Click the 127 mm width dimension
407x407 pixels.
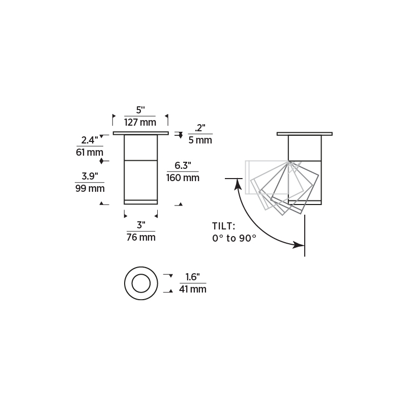[x=140, y=122]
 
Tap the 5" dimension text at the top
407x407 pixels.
[x=140, y=110]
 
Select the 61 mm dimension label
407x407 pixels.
[x=90, y=152]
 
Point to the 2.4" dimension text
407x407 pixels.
[x=90, y=140]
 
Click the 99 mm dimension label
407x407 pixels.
[x=90, y=188]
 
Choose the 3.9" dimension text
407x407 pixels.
[x=90, y=176]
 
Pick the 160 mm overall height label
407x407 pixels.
[x=183, y=178]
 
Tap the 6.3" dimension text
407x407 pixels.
[x=183, y=166]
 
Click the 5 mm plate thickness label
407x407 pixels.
[x=200, y=140]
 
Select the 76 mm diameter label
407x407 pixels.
[x=141, y=237]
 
